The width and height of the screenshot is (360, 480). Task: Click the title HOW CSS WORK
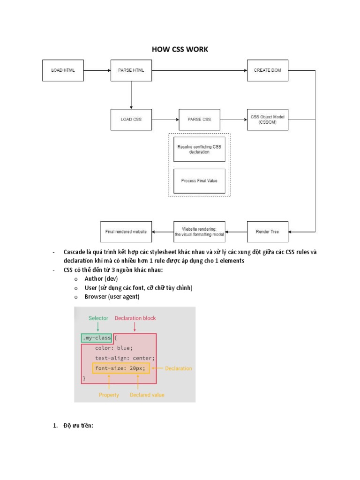click(180, 49)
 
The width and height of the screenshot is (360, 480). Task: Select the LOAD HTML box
click(63, 70)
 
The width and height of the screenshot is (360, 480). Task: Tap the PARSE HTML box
click(131, 70)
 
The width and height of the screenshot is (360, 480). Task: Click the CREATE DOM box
click(268, 70)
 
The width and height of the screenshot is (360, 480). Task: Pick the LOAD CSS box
click(131, 120)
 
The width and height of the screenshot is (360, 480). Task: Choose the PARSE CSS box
click(199, 120)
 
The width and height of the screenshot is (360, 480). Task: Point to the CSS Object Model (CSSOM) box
click(268, 120)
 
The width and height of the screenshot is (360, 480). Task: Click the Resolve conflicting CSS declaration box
click(199, 150)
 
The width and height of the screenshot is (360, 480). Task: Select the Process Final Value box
click(199, 181)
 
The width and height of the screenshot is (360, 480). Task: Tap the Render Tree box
click(268, 232)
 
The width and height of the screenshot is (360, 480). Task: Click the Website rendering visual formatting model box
click(199, 232)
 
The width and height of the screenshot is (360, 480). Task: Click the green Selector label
click(98, 318)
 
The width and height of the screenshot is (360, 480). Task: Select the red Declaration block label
click(135, 318)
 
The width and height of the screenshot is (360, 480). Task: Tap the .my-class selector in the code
click(96, 338)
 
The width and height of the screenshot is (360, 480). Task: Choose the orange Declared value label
click(147, 395)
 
